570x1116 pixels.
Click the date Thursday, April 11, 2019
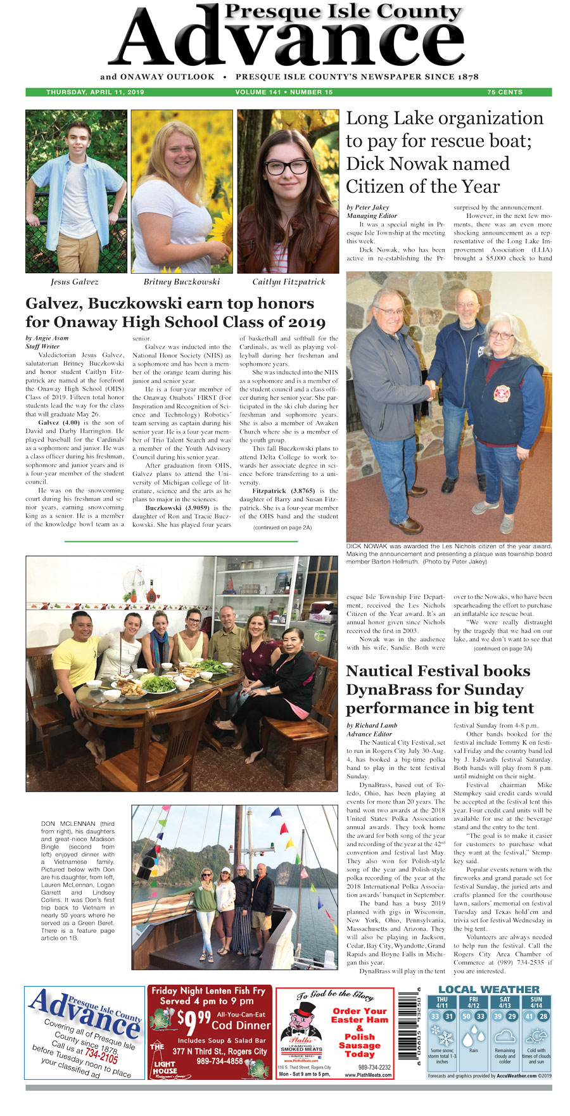(95, 92)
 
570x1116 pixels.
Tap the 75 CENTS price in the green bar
(505, 92)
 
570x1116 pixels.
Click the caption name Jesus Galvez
(75, 281)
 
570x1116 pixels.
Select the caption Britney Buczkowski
(181, 281)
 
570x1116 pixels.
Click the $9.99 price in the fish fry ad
(189, 1021)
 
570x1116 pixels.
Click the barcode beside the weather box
(408, 1032)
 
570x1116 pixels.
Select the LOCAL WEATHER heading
(489, 990)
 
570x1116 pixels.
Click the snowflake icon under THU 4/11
(441, 1039)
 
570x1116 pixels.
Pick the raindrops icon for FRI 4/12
(473, 1038)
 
